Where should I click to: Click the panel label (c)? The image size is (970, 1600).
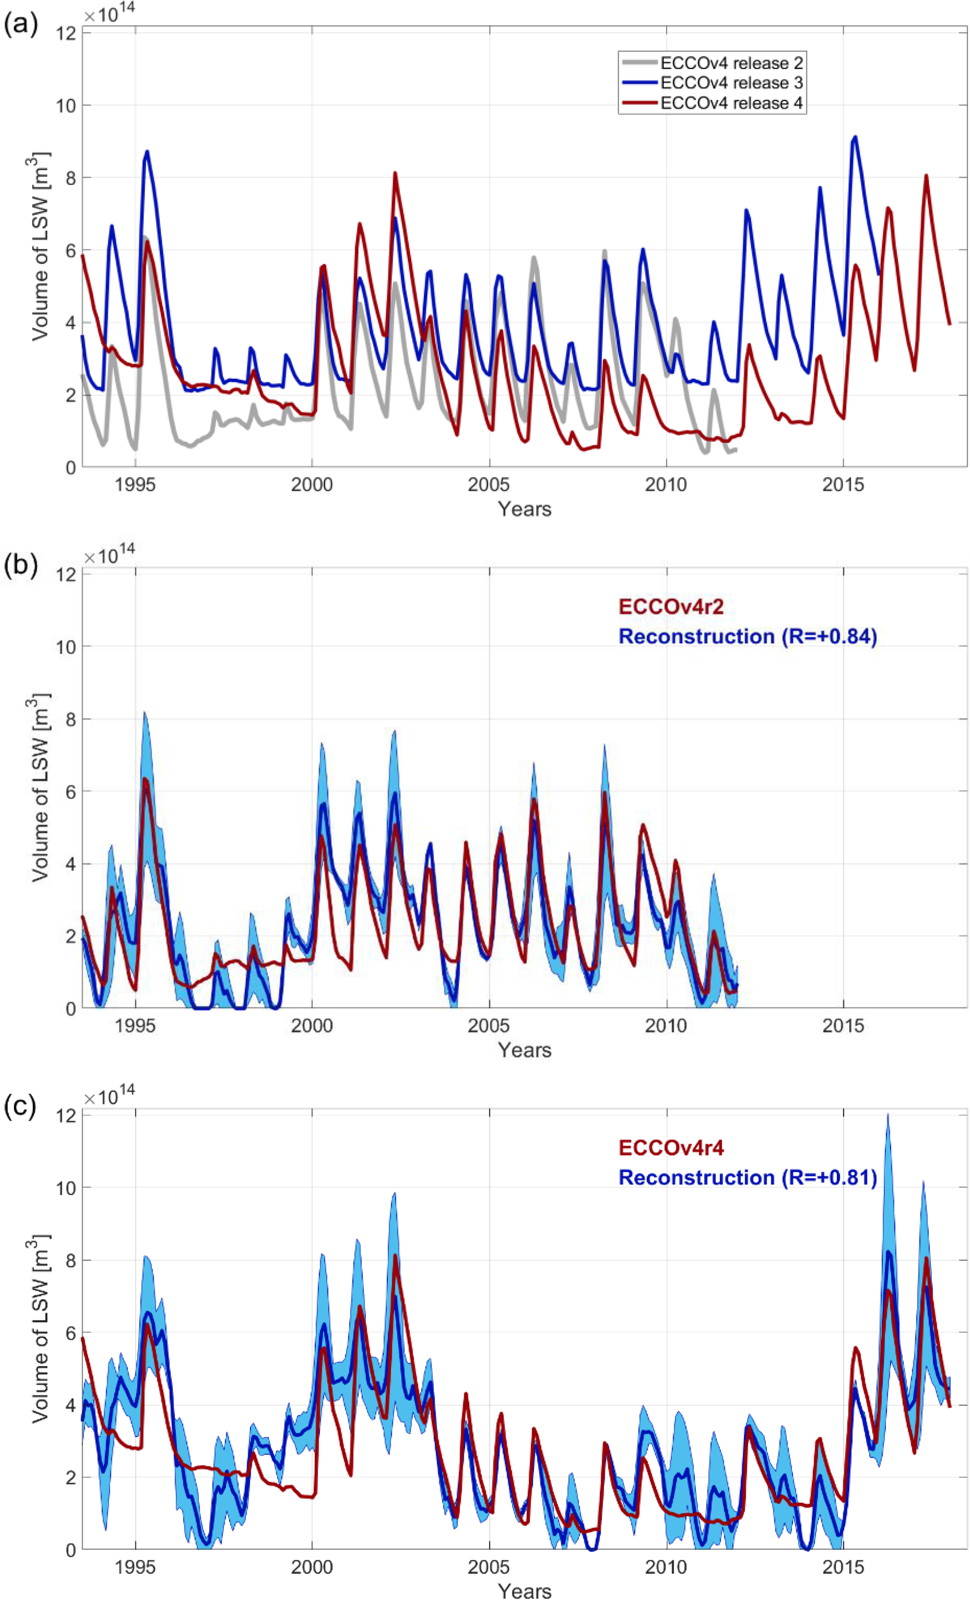point(20,1106)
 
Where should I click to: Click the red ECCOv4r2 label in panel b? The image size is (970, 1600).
point(671,606)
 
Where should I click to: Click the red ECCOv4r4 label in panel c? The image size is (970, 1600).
point(671,1147)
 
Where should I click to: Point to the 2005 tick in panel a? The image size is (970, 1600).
point(489,484)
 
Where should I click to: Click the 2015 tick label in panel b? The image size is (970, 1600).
point(843,1026)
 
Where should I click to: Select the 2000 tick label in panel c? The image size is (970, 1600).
point(312,1567)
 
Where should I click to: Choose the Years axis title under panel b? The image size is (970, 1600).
point(524,1049)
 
